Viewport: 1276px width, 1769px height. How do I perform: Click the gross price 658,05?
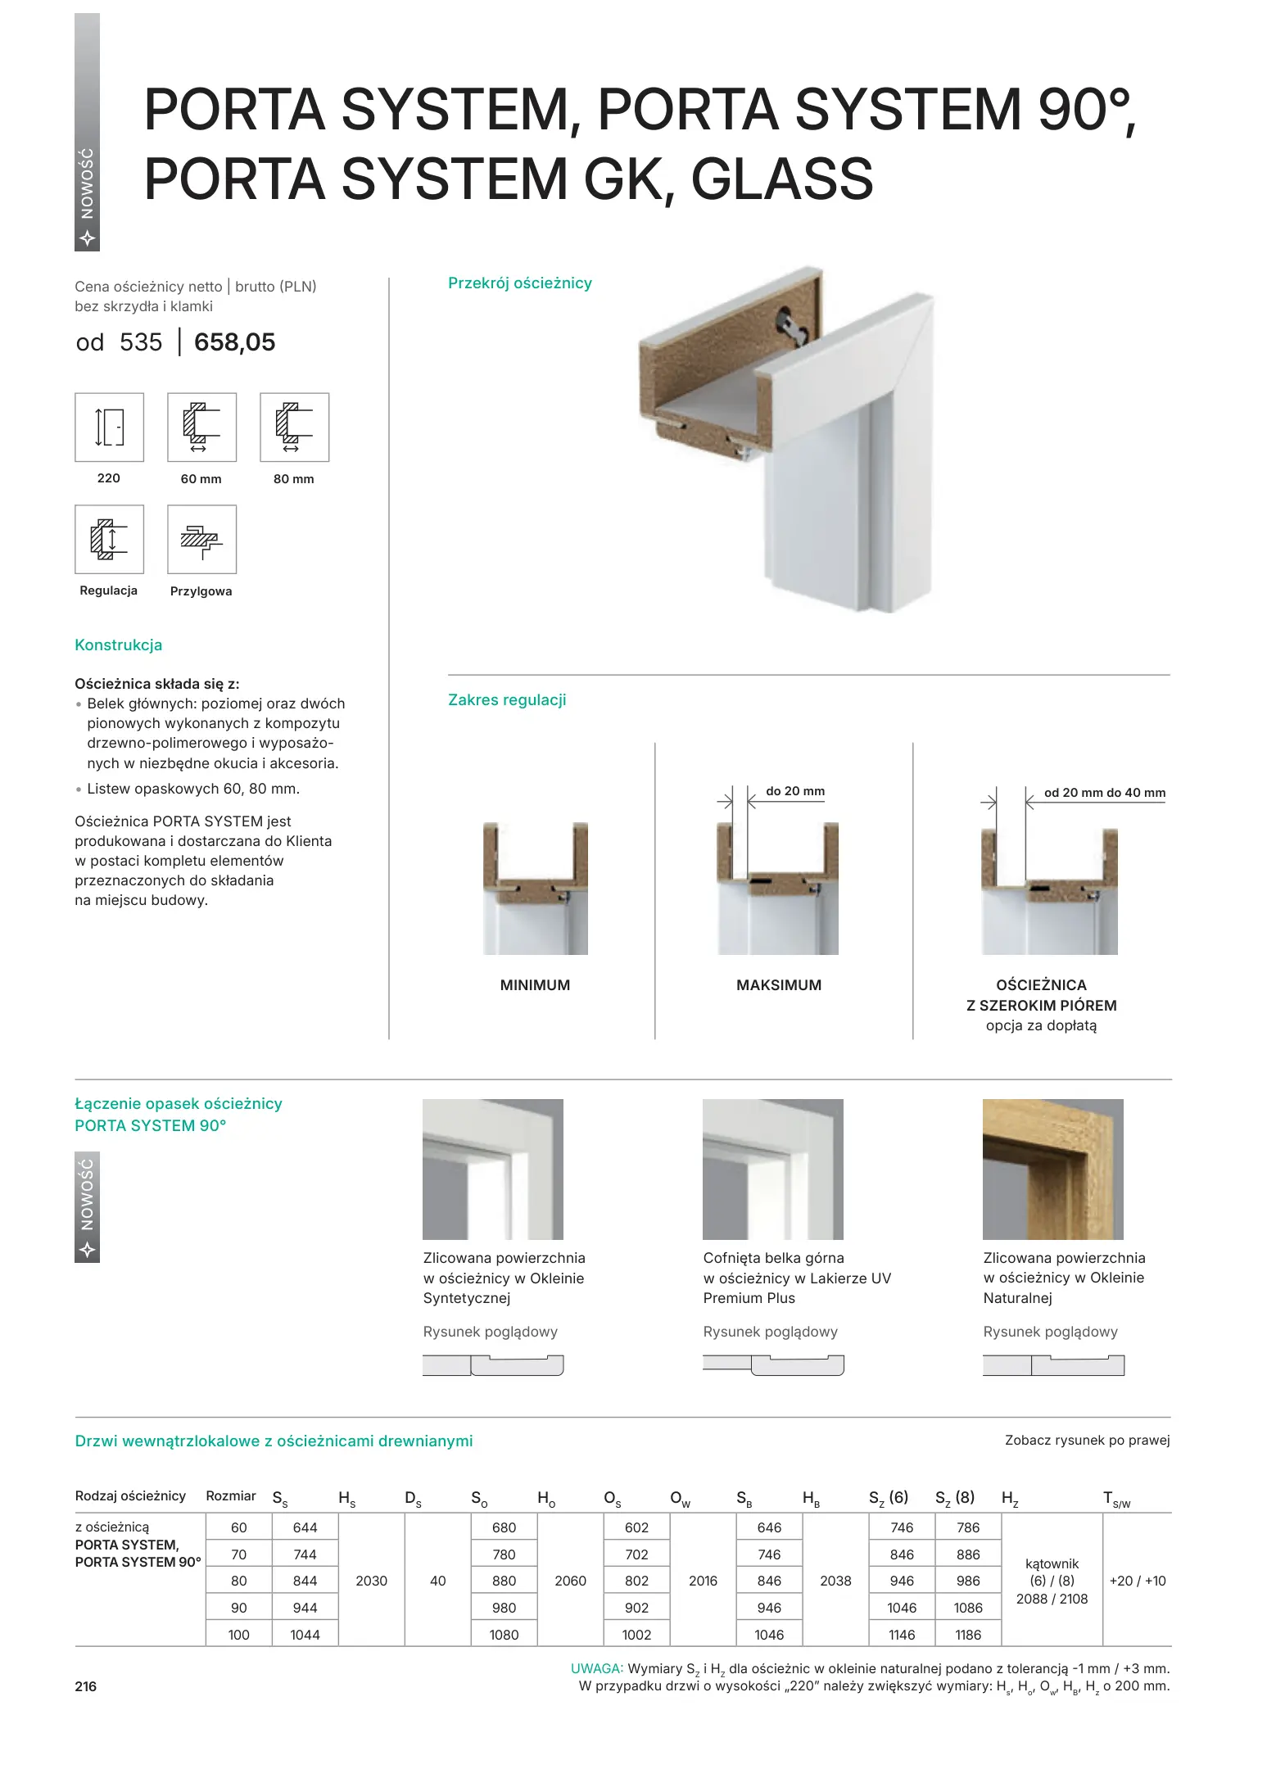pyautogui.click(x=234, y=342)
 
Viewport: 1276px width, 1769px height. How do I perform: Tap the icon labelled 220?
pyautogui.click(x=109, y=428)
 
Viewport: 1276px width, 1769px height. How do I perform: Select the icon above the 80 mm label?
pyautogui.click(x=294, y=428)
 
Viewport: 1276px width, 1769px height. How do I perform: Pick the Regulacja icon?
pyautogui.click(x=109, y=539)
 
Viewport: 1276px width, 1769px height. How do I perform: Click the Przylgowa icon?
pyautogui.click(x=201, y=539)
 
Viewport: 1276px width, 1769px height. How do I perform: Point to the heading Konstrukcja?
pyautogui.click(x=118, y=645)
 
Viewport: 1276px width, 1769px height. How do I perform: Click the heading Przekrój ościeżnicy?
pyautogui.click(x=519, y=283)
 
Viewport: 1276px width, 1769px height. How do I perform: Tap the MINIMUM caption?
pyautogui.click(x=535, y=985)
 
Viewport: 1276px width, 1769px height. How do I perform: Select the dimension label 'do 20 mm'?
pyautogui.click(x=794, y=791)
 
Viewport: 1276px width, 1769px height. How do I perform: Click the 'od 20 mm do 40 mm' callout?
pyautogui.click(x=1104, y=793)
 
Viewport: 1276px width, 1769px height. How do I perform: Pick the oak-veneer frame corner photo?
pyautogui.click(x=1052, y=1169)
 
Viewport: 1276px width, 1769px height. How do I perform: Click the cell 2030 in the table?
pyautogui.click(x=371, y=1581)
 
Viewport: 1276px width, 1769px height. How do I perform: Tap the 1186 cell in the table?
pyautogui.click(x=967, y=1635)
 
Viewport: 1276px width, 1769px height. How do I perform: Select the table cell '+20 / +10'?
pyautogui.click(x=1137, y=1581)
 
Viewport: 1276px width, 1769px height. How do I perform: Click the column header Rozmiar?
pyautogui.click(x=231, y=1496)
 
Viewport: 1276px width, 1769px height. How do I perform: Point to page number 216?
pyautogui.click(x=86, y=1686)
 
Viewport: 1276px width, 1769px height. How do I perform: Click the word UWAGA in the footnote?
pyautogui.click(x=596, y=1668)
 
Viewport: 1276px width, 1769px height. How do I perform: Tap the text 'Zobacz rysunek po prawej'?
pyautogui.click(x=1087, y=1441)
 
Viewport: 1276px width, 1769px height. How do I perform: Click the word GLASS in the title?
pyautogui.click(x=782, y=179)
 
